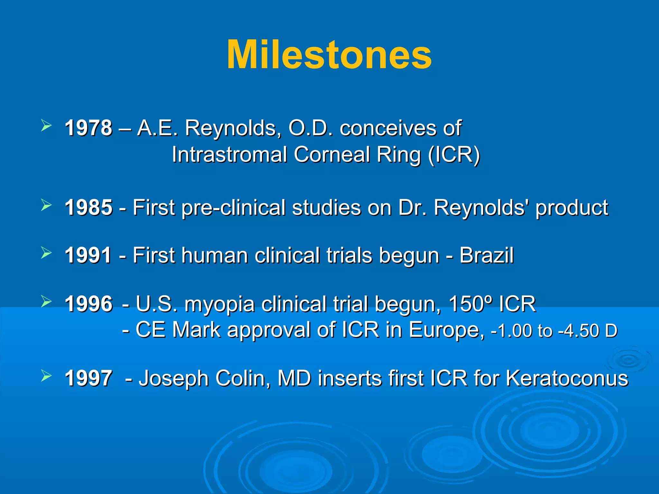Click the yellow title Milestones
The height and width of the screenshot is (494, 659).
(329, 55)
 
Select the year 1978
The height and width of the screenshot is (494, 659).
(88, 128)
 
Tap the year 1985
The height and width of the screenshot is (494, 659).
(88, 207)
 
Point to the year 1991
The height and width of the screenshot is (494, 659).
(88, 255)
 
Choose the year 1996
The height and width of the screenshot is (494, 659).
(88, 304)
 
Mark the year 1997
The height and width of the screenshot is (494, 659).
(88, 378)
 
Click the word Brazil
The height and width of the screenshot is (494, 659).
(486, 255)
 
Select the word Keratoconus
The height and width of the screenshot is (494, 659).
(567, 378)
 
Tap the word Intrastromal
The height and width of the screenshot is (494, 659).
(229, 155)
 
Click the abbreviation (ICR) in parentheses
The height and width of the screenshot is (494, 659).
(454, 155)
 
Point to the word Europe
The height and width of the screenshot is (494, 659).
(446, 330)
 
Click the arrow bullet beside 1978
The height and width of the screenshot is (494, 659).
(46, 125)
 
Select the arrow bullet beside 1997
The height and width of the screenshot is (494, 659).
(46, 375)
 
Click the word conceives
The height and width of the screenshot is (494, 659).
(388, 128)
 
